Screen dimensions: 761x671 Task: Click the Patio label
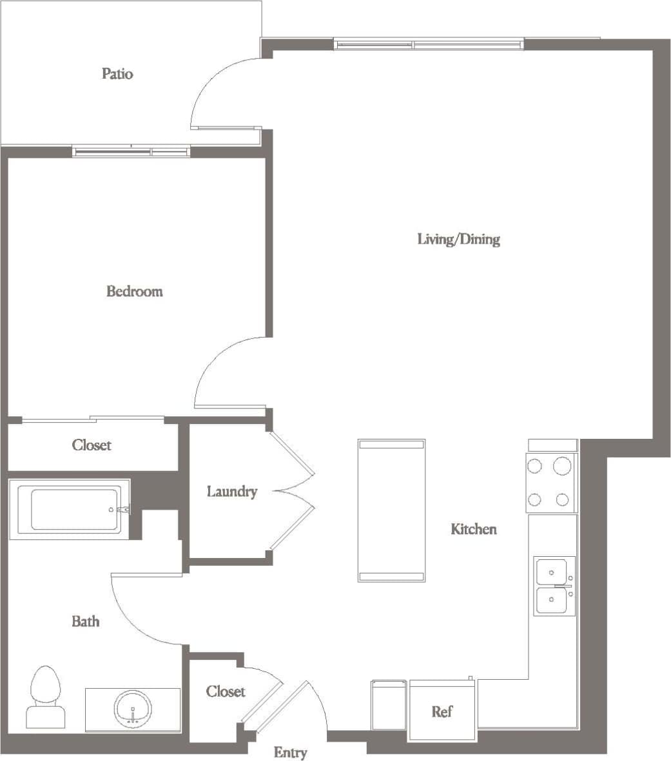coord(117,73)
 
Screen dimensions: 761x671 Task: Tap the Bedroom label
coord(134,291)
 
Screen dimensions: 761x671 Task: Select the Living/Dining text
coord(458,240)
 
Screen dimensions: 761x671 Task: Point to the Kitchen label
coord(473,529)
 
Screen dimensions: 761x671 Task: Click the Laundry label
coord(231,492)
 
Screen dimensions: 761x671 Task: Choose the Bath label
coord(85,621)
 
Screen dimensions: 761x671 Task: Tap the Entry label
coord(290,752)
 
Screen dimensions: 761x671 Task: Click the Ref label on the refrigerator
coord(442,711)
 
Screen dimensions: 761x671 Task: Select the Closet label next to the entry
coord(226,691)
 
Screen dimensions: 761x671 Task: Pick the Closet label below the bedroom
coord(92,445)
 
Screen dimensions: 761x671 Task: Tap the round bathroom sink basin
coord(133,709)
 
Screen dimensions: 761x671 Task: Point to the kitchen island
coord(391,510)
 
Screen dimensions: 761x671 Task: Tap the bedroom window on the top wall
coord(131,152)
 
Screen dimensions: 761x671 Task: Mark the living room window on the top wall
coord(429,44)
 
